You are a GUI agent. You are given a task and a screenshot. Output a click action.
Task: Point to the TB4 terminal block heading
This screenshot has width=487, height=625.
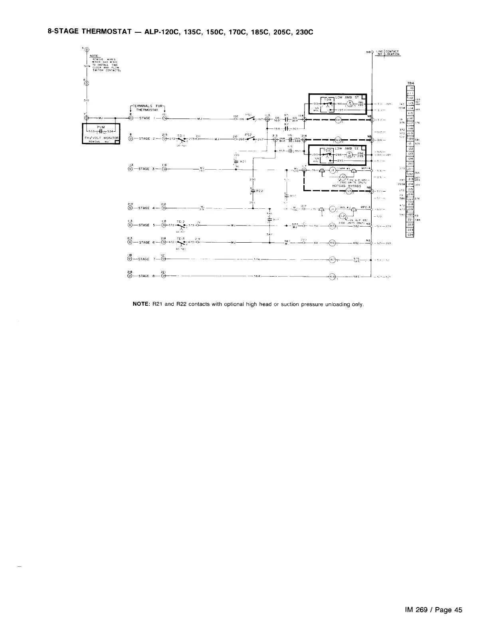(410, 83)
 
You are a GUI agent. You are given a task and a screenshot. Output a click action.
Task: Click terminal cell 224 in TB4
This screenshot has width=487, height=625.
(410, 235)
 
